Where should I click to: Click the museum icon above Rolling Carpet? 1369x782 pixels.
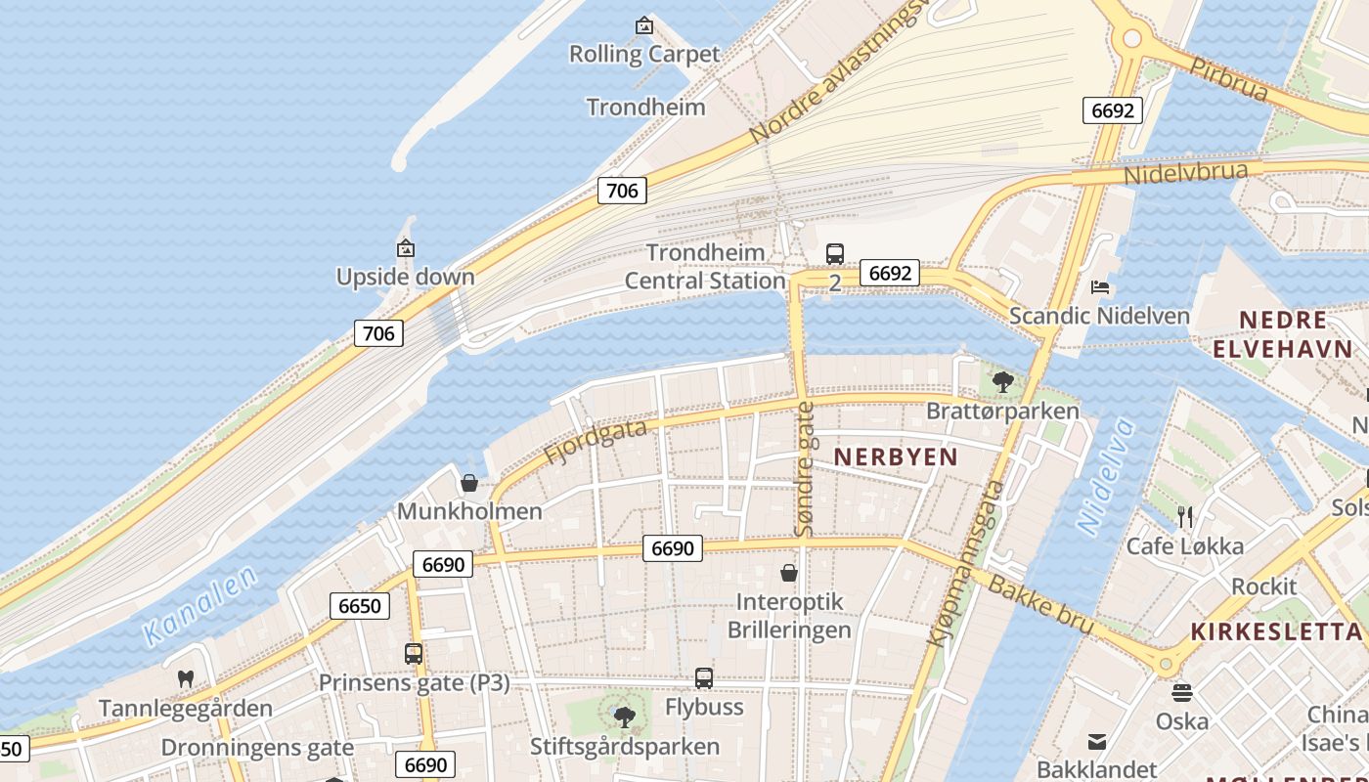coord(643,25)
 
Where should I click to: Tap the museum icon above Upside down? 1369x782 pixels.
coord(406,249)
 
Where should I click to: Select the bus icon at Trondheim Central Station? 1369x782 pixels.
coord(834,254)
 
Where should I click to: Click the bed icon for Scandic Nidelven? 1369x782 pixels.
coord(1100,287)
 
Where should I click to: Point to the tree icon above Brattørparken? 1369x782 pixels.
coord(1002,381)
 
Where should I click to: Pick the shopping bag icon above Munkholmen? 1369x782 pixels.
coord(469,483)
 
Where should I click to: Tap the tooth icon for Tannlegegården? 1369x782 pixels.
coord(185,678)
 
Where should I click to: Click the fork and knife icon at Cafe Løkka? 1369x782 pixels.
coord(1185,516)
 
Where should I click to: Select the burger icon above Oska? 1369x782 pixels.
coord(1182,693)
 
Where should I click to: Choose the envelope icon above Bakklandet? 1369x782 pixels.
coord(1097,742)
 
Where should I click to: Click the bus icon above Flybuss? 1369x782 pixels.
coord(704,677)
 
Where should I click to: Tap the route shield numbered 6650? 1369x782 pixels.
coord(359,606)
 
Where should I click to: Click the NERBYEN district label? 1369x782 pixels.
coord(896,456)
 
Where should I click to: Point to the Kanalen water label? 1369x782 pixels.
coord(200,606)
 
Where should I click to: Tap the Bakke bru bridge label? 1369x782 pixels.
coord(1041,604)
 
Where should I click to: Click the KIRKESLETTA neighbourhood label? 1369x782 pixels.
coord(1277,632)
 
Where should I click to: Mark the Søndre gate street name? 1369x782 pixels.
coord(805,469)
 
